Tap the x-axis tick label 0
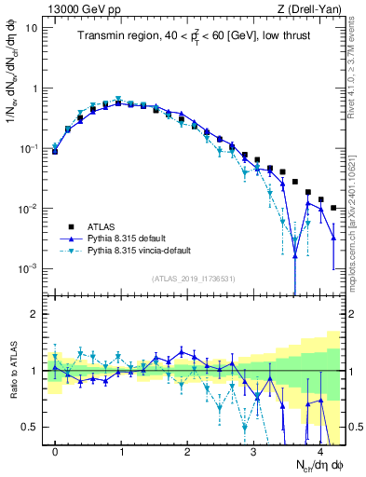55,450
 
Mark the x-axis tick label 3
254,450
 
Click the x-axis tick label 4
319,450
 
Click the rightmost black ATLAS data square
333,208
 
